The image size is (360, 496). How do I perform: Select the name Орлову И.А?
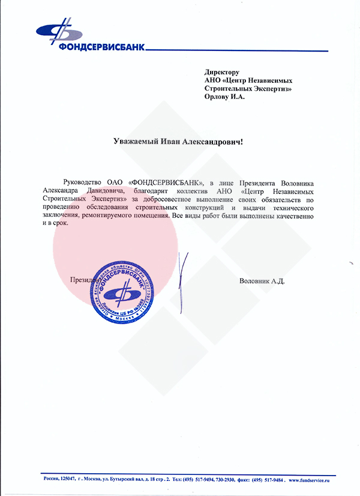[225, 97]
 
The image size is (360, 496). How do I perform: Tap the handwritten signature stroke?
[183, 276]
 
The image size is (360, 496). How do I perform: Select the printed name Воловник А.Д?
[261, 280]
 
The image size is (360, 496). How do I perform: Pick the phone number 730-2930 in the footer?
[222, 480]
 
